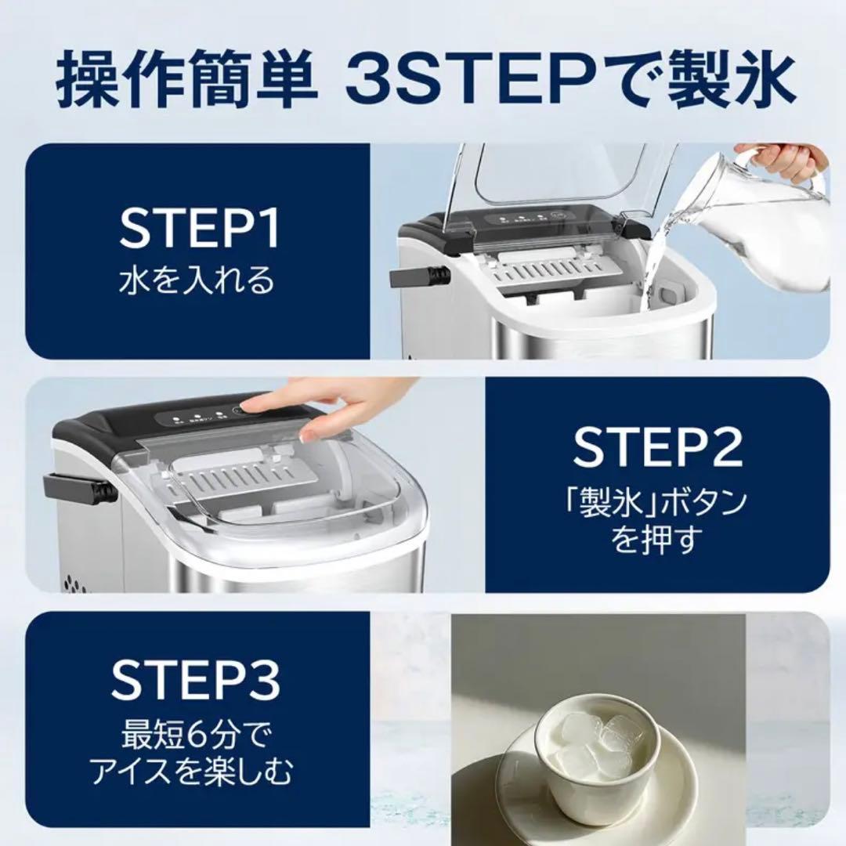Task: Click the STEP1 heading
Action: (x=199, y=229)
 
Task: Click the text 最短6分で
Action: (x=197, y=735)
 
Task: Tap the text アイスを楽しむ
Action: (x=193, y=772)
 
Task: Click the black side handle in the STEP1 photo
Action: (x=419, y=277)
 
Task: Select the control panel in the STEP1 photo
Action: (x=531, y=218)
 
